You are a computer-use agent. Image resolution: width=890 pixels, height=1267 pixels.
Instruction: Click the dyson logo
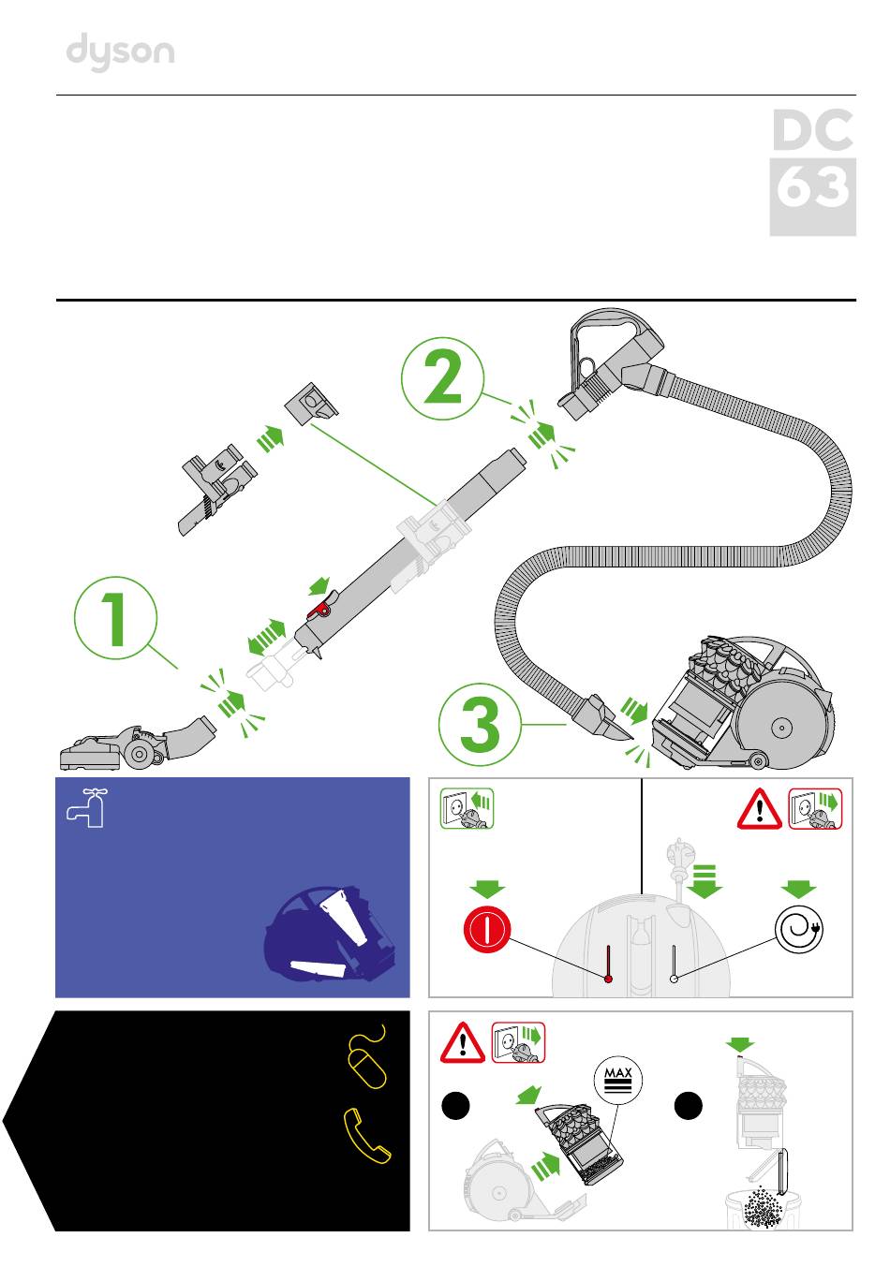coord(120,52)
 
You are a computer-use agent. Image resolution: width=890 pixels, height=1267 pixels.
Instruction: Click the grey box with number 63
coord(812,197)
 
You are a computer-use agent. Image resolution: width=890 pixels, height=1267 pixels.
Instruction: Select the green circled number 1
coord(115,618)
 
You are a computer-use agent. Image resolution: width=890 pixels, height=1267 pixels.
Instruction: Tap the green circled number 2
coord(442,377)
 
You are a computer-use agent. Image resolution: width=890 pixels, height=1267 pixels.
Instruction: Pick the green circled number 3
coord(480,724)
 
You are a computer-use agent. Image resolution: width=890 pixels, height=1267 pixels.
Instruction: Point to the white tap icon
coord(86,808)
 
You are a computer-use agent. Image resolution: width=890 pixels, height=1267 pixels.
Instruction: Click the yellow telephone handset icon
coord(365,1136)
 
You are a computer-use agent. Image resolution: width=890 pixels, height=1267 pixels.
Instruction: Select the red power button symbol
coord(486,929)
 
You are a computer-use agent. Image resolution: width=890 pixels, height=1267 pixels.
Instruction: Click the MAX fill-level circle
coord(618,1079)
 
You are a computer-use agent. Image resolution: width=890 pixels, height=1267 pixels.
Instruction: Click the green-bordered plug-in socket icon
coord(467,808)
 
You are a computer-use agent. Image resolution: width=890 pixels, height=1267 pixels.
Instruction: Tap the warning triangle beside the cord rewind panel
coord(759,810)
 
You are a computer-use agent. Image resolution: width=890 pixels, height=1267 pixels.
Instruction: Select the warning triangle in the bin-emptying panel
coord(463,1043)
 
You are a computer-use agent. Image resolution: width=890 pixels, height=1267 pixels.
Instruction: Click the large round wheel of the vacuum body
coord(781,728)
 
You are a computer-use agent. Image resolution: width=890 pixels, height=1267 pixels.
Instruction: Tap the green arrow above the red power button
coord(487,889)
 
